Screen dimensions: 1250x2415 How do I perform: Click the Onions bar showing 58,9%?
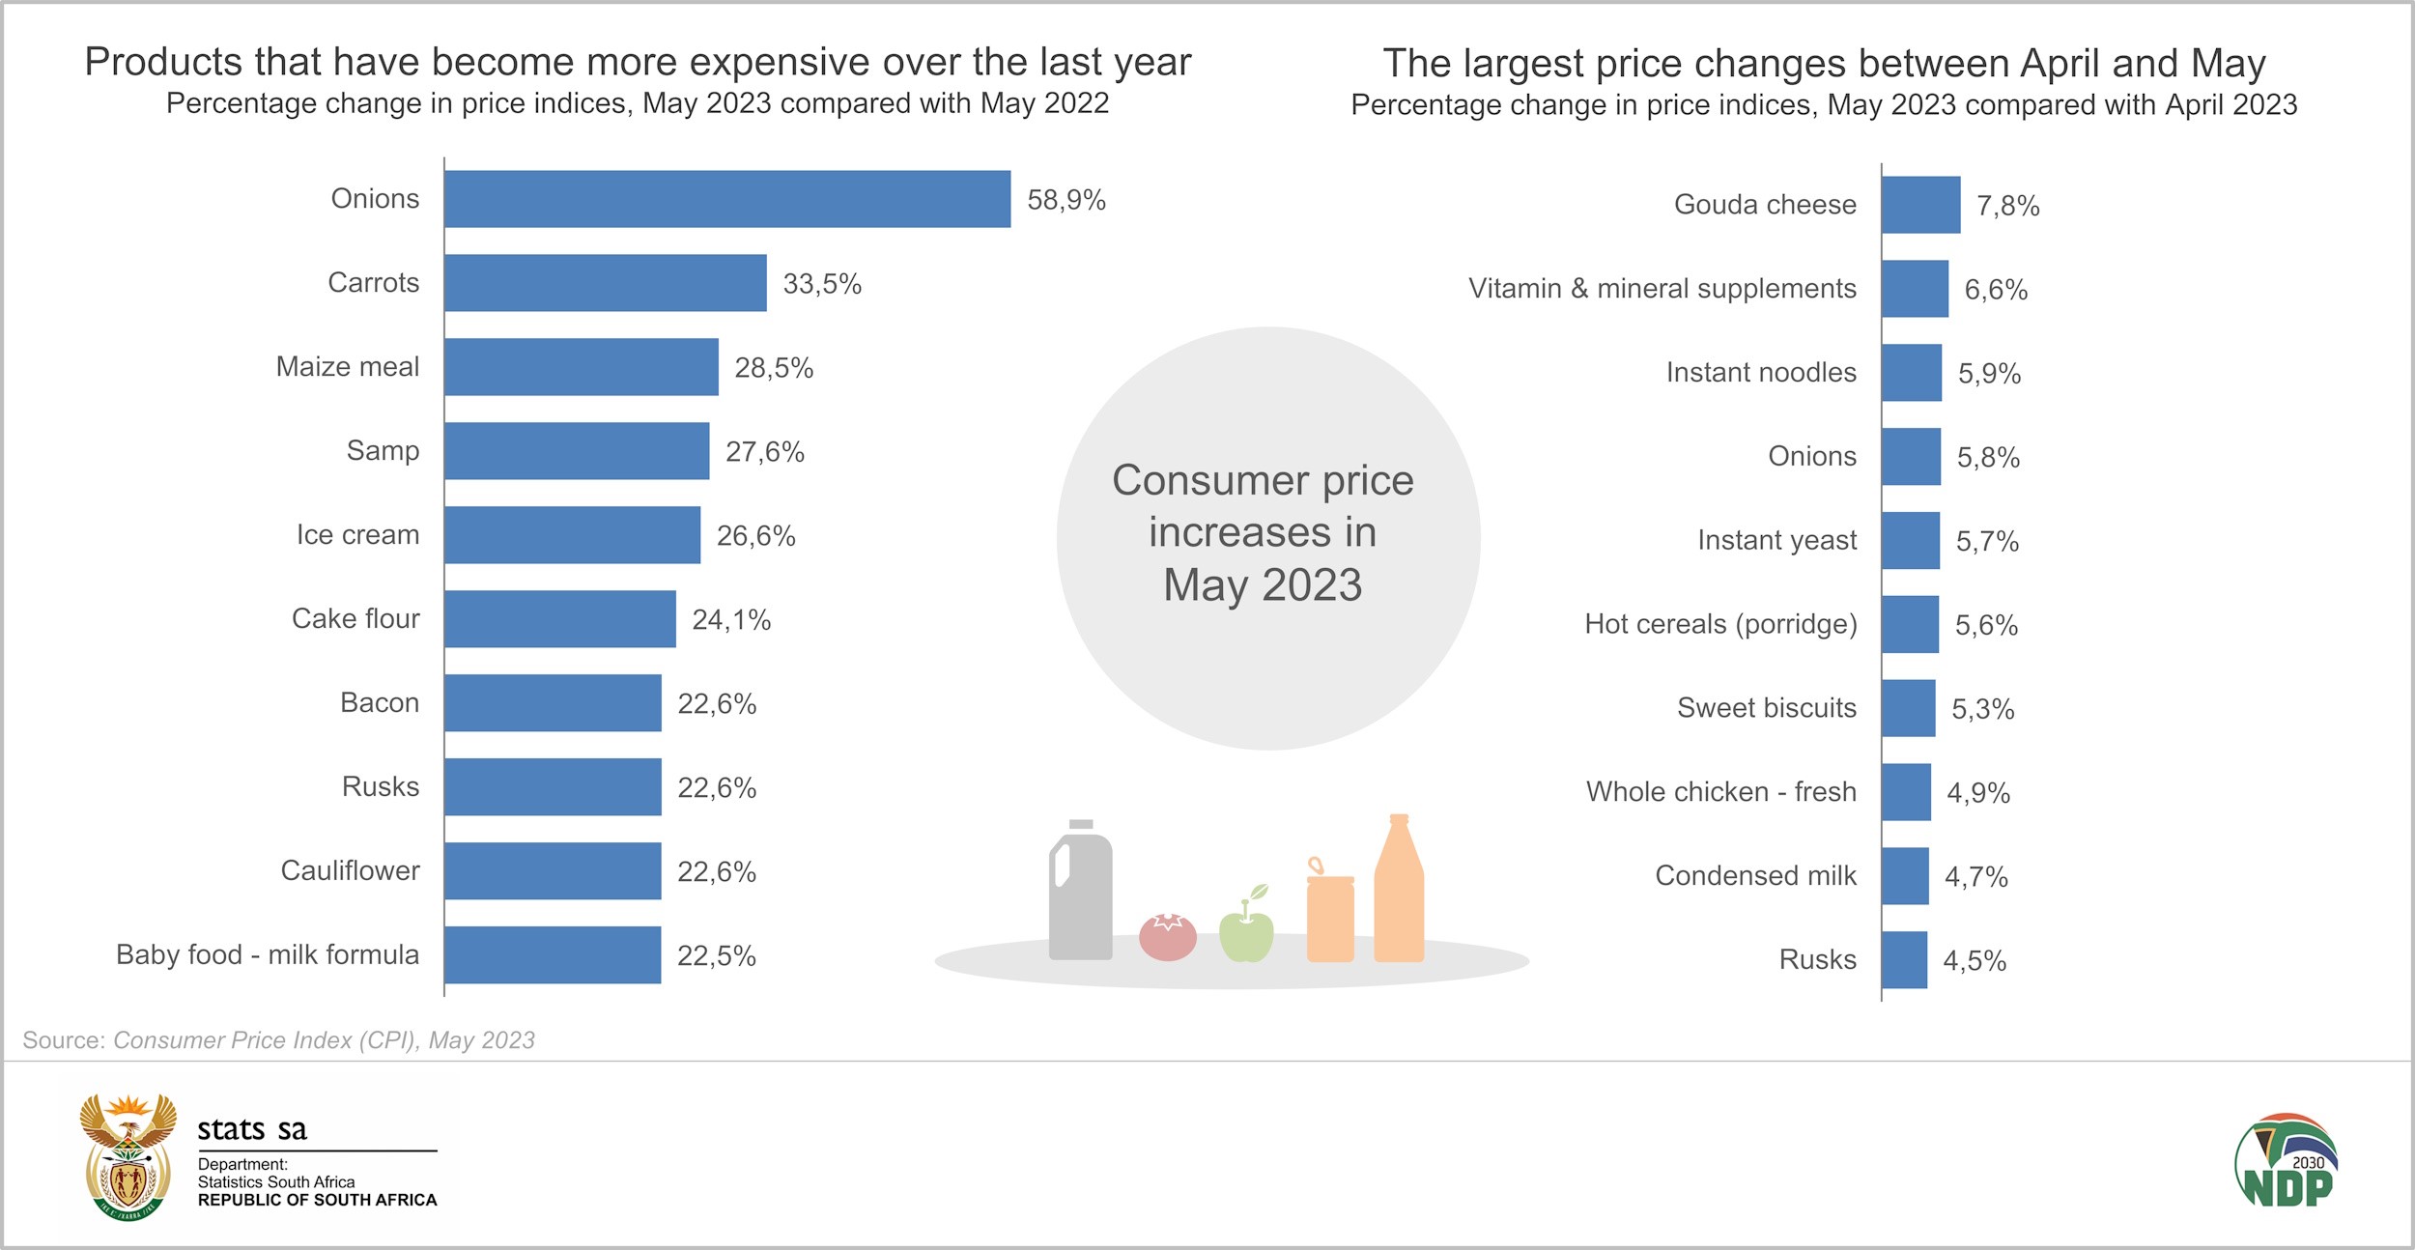[727, 199]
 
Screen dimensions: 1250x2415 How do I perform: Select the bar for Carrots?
[606, 283]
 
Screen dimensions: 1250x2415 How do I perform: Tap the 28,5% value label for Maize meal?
[774, 368]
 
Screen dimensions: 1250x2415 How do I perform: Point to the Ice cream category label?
[357, 535]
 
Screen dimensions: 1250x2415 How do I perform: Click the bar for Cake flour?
[560, 619]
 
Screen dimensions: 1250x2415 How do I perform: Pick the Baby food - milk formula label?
[268, 955]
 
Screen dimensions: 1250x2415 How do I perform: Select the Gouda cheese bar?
[1920, 205]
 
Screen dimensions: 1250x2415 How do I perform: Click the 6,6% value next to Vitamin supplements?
[1996, 290]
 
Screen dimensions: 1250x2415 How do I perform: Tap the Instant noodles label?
[1760, 373]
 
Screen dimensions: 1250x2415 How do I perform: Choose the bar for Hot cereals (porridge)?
[1910, 625]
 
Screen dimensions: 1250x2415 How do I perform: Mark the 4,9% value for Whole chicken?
[1977, 793]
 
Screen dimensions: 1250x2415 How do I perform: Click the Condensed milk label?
[1755, 876]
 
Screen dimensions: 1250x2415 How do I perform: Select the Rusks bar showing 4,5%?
[1904, 960]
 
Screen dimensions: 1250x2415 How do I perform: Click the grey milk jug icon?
[1080, 894]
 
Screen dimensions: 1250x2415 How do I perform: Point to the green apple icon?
[1246, 929]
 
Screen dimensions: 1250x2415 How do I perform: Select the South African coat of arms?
[128, 1157]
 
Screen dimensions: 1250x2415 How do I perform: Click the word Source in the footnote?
[63, 1040]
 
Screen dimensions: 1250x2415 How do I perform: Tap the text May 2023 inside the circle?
[1262, 585]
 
